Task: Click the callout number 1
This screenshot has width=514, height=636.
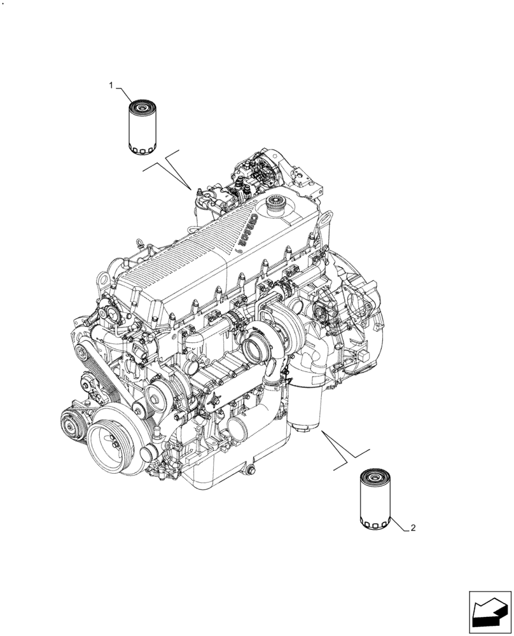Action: point(111,85)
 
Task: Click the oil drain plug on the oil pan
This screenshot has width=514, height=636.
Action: point(249,471)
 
